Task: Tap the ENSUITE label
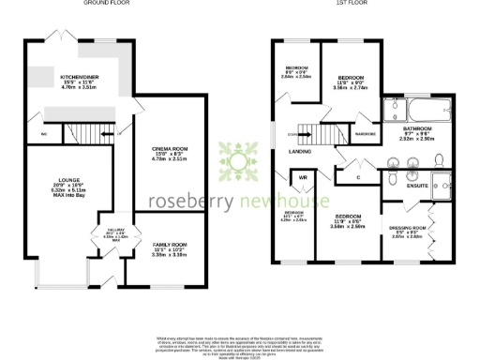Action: coord(415,187)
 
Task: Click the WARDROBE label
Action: coord(365,135)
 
